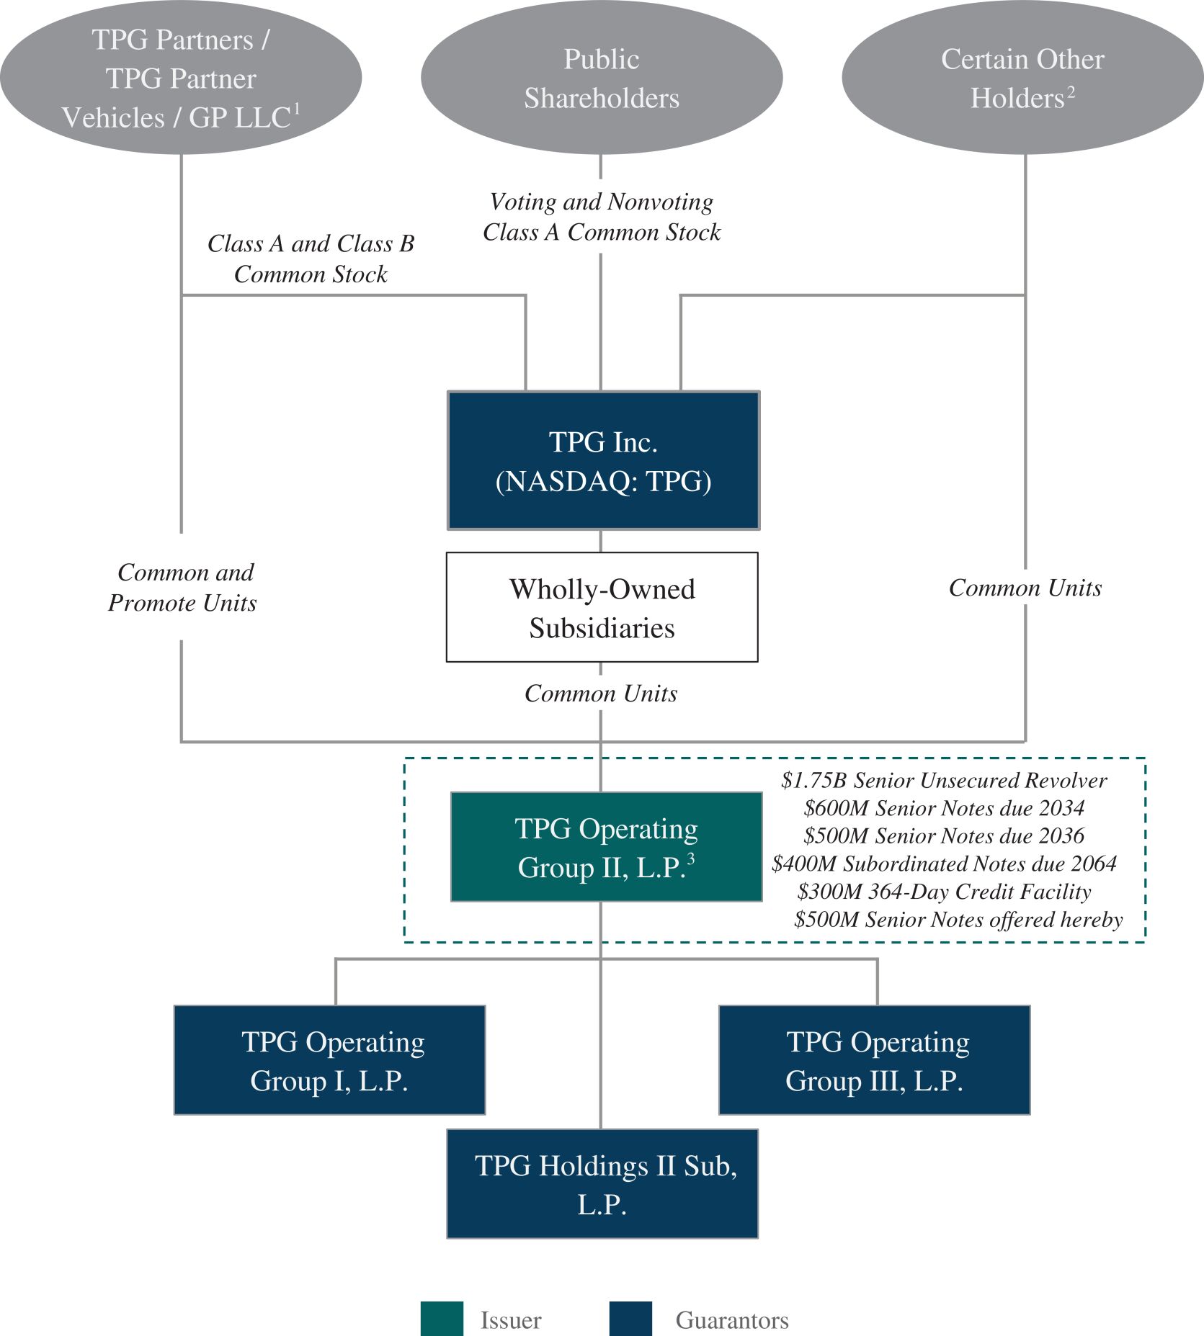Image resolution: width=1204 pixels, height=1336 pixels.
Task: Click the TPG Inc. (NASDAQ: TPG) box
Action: tap(603, 461)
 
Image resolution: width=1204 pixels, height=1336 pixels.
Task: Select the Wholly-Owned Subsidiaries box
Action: tap(602, 607)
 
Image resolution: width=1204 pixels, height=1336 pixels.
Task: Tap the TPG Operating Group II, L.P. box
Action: tap(606, 847)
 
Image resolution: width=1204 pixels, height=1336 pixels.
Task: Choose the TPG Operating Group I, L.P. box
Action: tap(329, 1060)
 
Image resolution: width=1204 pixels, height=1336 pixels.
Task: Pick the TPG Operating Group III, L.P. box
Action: tap(874, 1060)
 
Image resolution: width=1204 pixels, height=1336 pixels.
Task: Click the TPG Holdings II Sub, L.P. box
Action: tap(602, 1184)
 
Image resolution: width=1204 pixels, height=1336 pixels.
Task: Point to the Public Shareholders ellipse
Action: tap(602, 78)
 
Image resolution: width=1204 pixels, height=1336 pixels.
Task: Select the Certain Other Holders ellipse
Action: tap(1022, 78)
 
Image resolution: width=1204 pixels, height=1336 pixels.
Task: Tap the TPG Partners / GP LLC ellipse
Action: tap(181, 78)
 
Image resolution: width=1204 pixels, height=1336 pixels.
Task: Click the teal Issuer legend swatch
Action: tap(442, 1319)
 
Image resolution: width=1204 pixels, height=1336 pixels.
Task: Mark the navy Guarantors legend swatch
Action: tap(630, 1319)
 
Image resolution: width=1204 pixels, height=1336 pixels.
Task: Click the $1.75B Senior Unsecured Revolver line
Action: tap(944, 781)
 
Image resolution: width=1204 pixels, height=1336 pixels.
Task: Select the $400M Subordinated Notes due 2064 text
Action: tap(944, 864)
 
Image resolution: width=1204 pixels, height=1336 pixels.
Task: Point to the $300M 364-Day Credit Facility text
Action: tap(944, 892)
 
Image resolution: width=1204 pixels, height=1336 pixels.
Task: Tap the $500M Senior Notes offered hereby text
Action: tap(958, 920)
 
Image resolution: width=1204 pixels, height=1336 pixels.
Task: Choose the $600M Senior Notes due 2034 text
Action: tap(944, 808)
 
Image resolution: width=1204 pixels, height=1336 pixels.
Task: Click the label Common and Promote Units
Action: tap(183, 588)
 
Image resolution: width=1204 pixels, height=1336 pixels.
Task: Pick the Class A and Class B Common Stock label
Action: tap(311, 259)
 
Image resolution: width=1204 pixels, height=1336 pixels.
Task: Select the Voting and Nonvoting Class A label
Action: tap(602, 217)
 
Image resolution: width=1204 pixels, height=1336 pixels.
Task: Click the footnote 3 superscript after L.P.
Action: tap(691, 858)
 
